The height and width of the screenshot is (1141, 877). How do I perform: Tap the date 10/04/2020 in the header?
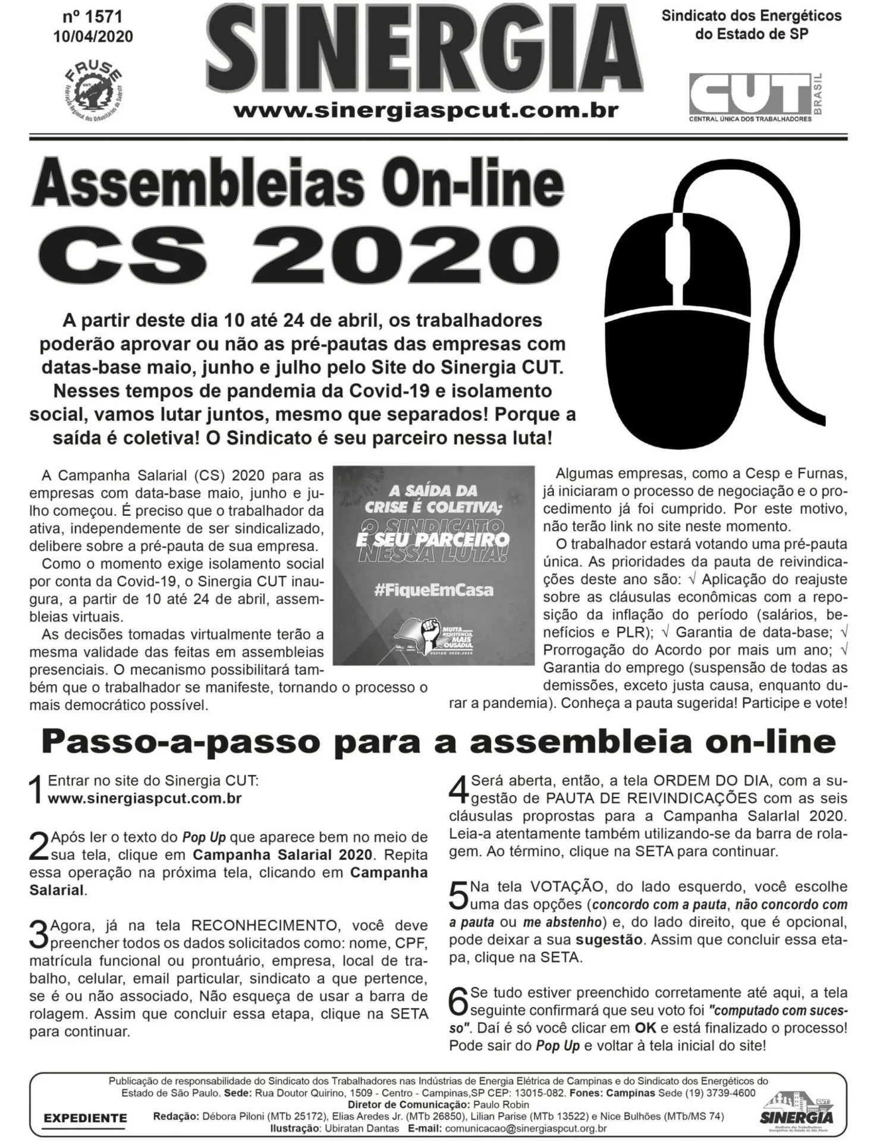coord(93,37)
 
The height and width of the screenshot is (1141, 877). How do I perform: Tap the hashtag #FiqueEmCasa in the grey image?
coord(433,591)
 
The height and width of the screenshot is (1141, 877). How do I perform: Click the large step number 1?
coord(37,790)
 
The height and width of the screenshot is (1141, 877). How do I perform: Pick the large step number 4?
coord(459,790)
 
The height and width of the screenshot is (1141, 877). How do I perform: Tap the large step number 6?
coord(458,1002)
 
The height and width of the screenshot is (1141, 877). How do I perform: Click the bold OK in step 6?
coord(645,1028)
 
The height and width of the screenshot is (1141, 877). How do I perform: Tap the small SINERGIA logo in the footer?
coord(797,1108)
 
